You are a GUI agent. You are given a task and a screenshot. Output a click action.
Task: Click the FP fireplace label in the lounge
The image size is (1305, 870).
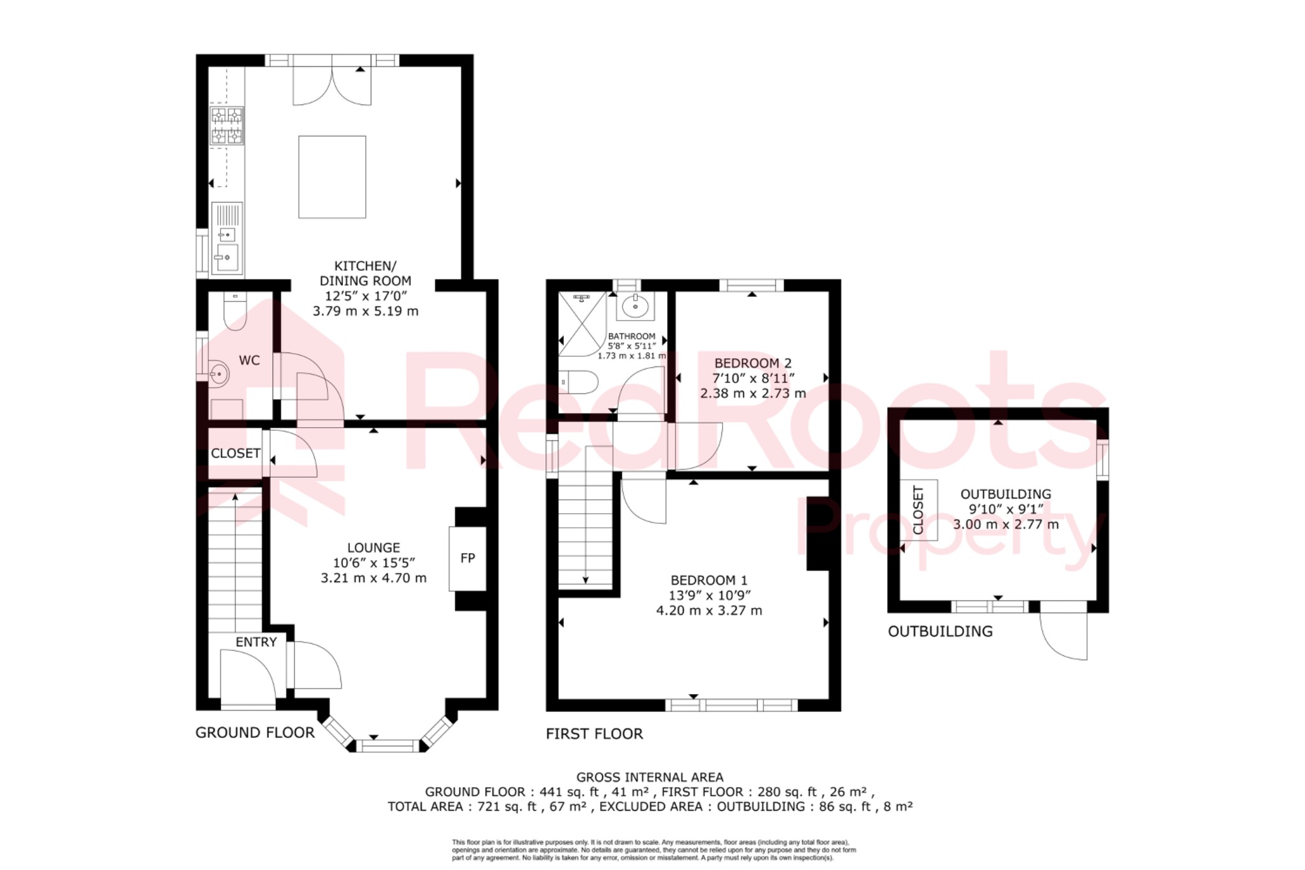pos(467,558)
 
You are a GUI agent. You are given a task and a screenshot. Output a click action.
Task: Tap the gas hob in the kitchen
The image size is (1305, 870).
pos(227,126)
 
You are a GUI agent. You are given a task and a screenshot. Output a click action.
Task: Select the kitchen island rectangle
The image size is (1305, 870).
pos(332,177)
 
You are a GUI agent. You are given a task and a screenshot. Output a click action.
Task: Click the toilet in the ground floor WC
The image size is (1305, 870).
pos(235,312)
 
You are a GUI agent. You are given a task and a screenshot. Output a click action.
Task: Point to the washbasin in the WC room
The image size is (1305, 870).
pos(218,373)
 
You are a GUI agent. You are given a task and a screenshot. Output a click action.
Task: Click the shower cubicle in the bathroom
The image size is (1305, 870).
pos(582,324)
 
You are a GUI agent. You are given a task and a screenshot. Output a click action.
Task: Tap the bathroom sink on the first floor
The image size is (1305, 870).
pos(635,306)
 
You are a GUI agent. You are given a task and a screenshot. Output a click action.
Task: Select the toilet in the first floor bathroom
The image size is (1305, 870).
pos(579,382)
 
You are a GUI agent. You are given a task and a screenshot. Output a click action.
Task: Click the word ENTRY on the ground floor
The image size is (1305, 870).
pos(256,642)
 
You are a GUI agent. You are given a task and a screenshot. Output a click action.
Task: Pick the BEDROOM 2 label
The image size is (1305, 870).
pos(753,363)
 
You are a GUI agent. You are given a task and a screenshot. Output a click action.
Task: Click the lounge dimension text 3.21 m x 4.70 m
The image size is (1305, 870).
pos(373,578)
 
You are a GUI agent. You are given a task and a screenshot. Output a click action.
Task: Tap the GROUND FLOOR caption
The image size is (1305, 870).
pos(255,733)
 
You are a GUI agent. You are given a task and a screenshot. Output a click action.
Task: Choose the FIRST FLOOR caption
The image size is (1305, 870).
pos(594,734)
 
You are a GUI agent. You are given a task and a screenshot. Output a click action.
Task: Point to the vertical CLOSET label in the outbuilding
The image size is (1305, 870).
pos(918,509)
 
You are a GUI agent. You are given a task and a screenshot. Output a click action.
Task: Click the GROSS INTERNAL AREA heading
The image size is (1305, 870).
pos(649,777)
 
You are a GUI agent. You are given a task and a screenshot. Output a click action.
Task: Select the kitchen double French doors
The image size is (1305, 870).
pos(332,85)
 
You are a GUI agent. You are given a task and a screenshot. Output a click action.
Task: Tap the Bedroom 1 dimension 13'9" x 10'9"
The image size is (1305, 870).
pos(709,595)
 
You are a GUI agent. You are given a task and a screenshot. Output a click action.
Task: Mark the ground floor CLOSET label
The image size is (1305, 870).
pos(235,453)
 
